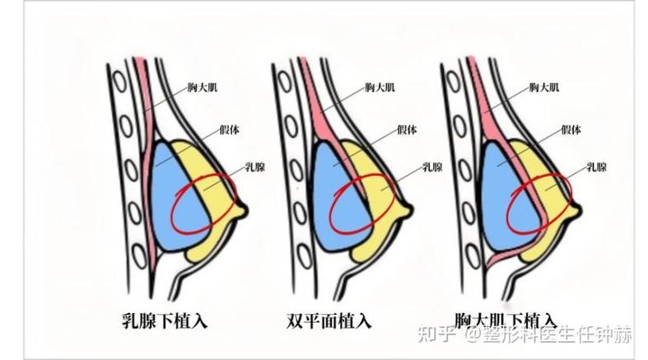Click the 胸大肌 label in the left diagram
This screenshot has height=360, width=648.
click(x=202, y=86)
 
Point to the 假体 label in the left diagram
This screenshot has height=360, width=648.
click(x=231, y=129)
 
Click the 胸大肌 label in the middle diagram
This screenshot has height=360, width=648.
click(x=379, y=86)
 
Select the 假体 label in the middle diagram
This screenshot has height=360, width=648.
click(x=408, y=129)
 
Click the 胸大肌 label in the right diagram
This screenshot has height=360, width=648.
click(x=544, y=86)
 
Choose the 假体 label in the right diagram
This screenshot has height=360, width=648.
click(x=571, y=129)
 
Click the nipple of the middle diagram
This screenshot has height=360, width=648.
click(x=409, y=211)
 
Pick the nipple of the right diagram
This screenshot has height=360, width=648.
click(x=573, y=211)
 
